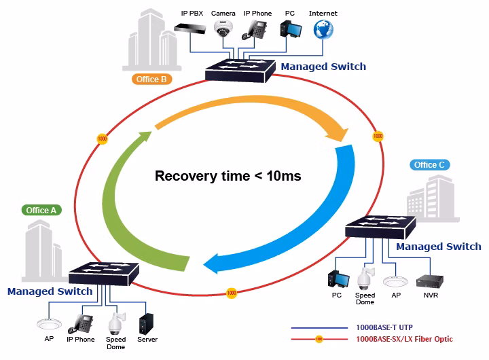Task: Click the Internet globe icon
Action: click(x=323, y=29)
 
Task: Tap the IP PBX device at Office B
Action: click(x=190, y=29)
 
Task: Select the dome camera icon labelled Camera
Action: click(x=223, y=29)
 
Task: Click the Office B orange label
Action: click(x=152, y=79)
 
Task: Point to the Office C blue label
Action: click(x=430, y=164)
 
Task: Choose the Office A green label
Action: click(x=41, y=211)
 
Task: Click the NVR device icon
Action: click(x=430, y=281)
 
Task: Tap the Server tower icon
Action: click(x=146, y=323)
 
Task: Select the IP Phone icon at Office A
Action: click(x=80, y=324)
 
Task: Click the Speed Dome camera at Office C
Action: click(x=365, y=278)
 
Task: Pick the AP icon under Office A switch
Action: click(x=49, y=324)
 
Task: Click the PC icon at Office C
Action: click(x=338, y=278)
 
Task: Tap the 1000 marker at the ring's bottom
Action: click(x=232, y=293)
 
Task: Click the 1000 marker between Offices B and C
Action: click(x=378, y=136)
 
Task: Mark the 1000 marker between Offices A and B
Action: click(x=103, y=139)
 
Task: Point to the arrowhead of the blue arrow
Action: click(x=211, y=264)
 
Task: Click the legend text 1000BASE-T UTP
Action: click(x=384, y=327)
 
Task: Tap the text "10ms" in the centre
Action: click(x=284, y=176)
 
